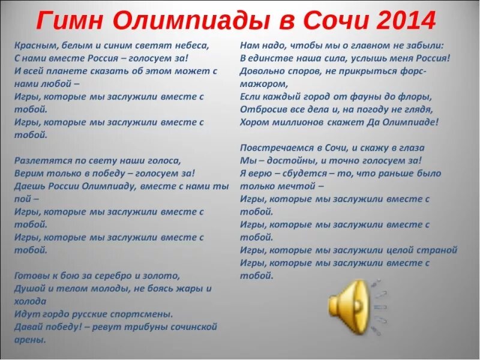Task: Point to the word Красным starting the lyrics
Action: (32, 45)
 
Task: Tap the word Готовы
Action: (29, 276)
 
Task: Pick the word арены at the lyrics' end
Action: (29, 340)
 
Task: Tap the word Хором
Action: (254, 122)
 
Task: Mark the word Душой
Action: (28, 289)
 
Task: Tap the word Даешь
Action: (28, 186)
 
